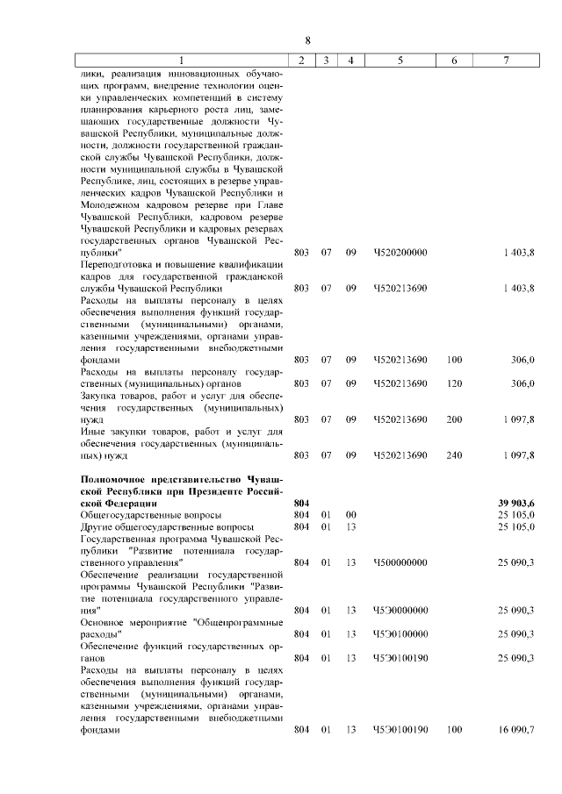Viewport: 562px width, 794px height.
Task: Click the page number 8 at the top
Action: pyautogui.click(x=308, y=40)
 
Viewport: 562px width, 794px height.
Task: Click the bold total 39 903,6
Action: pyautogui.click(x=516, y=503)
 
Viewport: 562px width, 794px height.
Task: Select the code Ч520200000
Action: pyautogui.click(x=400, y=253)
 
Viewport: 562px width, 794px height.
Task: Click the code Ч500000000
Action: pyautogui.click(x=400, y=562)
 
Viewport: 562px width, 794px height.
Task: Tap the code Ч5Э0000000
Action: pyautogui.click(x=400, y=610)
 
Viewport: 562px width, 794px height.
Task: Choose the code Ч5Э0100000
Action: pyautogui.click(x=400, y=633)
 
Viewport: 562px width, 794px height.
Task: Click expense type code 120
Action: pyautogui.click(x=454, y=383)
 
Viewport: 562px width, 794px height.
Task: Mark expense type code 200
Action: pyautogui.click(x=454, y=419)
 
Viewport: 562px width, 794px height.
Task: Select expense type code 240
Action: pyautogui.click(x=454, y=455)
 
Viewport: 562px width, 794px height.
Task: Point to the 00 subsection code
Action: pyautogui.click(x=349, y=514)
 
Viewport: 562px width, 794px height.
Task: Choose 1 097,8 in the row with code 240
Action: pyautogui.click(x=516, y=455)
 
